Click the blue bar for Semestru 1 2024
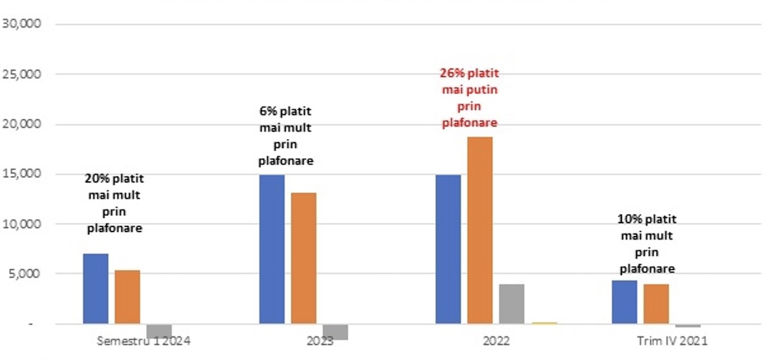(96, 289)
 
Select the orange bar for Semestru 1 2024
(127, 297)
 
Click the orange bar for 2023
(303, 258)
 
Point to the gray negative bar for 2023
(335, 332)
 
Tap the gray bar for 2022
(511, 304)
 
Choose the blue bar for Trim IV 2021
(624, 302)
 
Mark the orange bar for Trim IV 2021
(655, 304)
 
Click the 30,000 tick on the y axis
(22, 24)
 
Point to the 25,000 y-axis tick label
(22, 75)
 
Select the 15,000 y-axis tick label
(22, 174)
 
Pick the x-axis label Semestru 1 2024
(143, 341)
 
